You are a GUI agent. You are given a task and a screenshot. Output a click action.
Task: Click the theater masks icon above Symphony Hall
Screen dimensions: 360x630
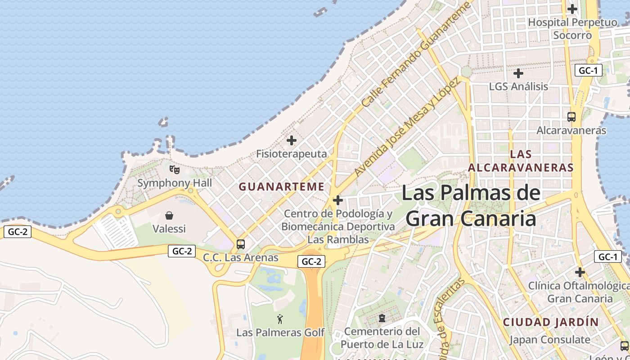coord(174,170)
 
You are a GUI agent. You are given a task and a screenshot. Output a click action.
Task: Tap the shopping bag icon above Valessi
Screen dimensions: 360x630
coord(169,216)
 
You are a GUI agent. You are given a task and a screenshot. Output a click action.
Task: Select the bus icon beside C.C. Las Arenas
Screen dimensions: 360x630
coord(241,244)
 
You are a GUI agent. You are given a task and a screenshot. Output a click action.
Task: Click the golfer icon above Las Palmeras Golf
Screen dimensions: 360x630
coord(280,319)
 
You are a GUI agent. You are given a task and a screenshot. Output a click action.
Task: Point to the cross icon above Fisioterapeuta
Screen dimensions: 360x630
coord(292,140)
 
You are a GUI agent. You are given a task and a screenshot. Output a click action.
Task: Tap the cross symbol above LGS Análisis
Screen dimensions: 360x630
coord(518,73)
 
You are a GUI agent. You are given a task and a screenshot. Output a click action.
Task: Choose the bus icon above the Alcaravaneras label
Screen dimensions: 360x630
coord(571,117)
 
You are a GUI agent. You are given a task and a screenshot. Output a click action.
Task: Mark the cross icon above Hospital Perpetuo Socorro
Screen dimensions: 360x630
coord(572,9)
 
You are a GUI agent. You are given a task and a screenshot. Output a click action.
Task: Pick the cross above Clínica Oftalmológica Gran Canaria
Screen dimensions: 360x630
coord(580,272)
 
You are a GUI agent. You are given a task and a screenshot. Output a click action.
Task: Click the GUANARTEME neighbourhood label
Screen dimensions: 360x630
coord(281,187)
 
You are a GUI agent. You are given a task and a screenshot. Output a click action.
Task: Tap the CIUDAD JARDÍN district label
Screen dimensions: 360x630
coord(551,322)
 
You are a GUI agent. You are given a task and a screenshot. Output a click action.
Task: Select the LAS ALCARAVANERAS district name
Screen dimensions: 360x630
coord(521,161)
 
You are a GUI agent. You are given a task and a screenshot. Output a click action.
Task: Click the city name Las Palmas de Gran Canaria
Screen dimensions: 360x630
coord(471,206)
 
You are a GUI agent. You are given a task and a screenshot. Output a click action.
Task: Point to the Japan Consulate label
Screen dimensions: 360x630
coord(549,340)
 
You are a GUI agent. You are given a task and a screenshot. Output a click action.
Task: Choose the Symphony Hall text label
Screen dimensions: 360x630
coord(175,183)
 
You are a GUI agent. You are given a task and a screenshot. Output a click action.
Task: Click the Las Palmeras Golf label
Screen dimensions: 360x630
coord(280,333)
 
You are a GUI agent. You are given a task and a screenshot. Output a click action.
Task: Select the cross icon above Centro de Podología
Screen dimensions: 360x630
coord(338,200)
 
